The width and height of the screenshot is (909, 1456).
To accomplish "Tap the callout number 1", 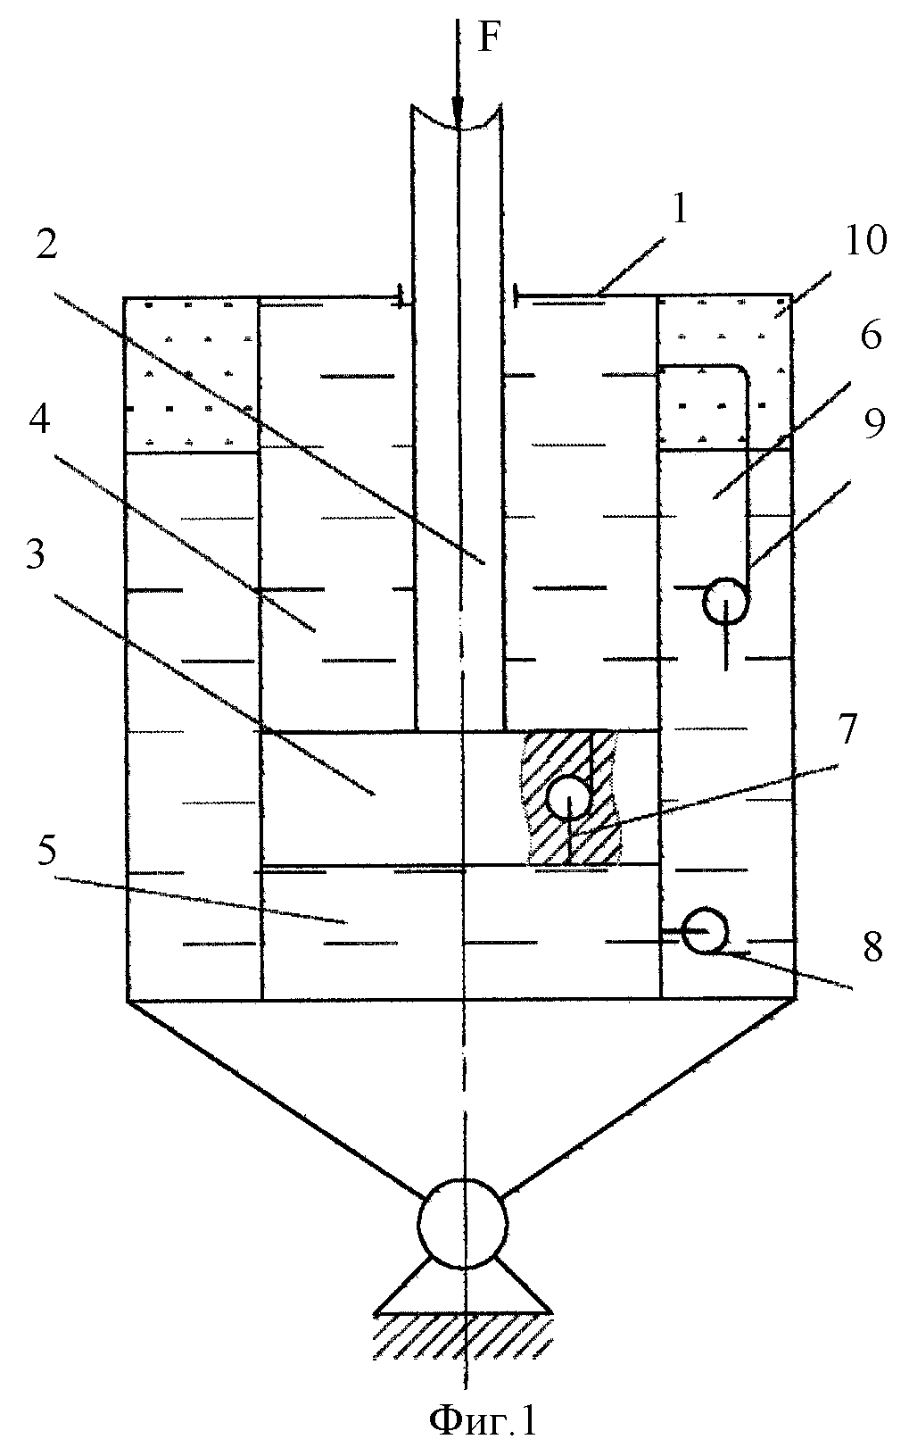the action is (x=680, y=211).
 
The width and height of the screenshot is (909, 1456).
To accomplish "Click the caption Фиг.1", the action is (x=484, y=1421).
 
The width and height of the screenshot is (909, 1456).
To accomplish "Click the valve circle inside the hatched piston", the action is (x=569, y=798).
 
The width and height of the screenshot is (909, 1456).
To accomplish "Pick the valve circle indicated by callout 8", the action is (x=706, y=931).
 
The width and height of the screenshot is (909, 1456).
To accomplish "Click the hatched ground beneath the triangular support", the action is (x=463, y=1335).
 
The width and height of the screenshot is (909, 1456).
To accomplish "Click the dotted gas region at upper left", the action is (x=192, y=374).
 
